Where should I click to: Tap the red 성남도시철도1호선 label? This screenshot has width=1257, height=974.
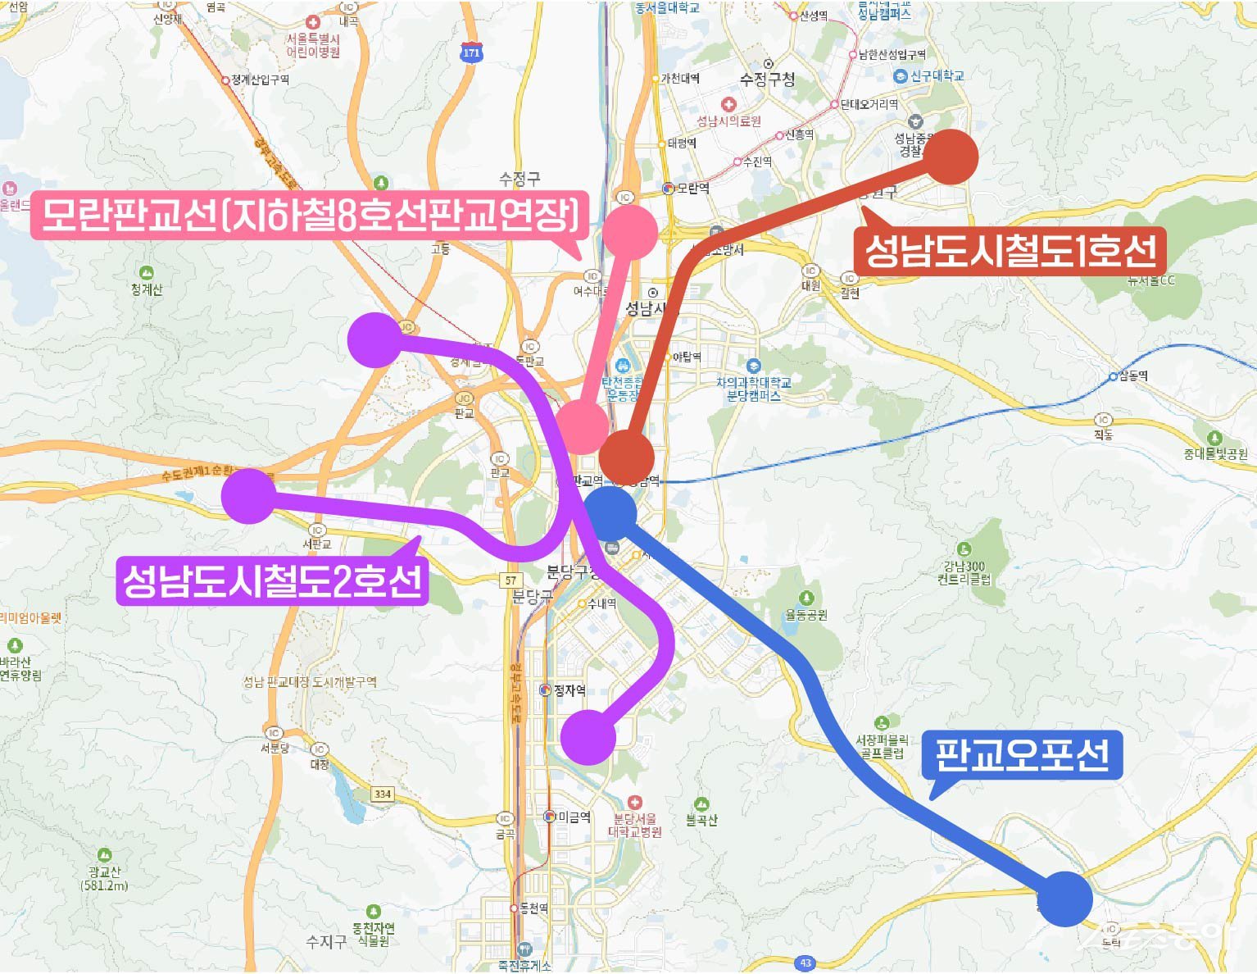tap(1010, 250)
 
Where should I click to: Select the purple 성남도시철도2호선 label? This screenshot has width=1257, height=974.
tap(272, 580)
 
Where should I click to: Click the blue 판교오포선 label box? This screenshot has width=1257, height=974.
tap(1022, 754)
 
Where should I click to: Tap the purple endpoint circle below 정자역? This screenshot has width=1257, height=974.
tap(588, 737)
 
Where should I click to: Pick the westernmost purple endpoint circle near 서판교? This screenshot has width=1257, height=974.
tap(249, 496)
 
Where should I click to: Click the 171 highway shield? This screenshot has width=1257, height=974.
tap(471, 53)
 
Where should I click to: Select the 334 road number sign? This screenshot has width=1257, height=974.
tap(382, 794)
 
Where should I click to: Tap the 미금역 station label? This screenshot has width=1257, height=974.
tap(574, 817)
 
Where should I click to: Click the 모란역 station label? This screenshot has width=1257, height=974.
tap(692, 189)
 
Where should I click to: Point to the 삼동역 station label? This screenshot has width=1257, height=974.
tap(1134, 376)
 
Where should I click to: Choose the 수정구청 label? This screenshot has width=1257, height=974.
tap(767, 80)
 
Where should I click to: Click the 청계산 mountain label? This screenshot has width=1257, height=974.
tap(147, 289)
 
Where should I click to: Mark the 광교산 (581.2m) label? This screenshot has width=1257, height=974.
tap(105, 878)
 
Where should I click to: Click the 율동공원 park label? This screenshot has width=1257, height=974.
tap(806, 615)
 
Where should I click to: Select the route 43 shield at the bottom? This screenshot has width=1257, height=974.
tap(805, 963)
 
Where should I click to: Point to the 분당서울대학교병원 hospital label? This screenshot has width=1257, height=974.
tap(635, 825)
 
